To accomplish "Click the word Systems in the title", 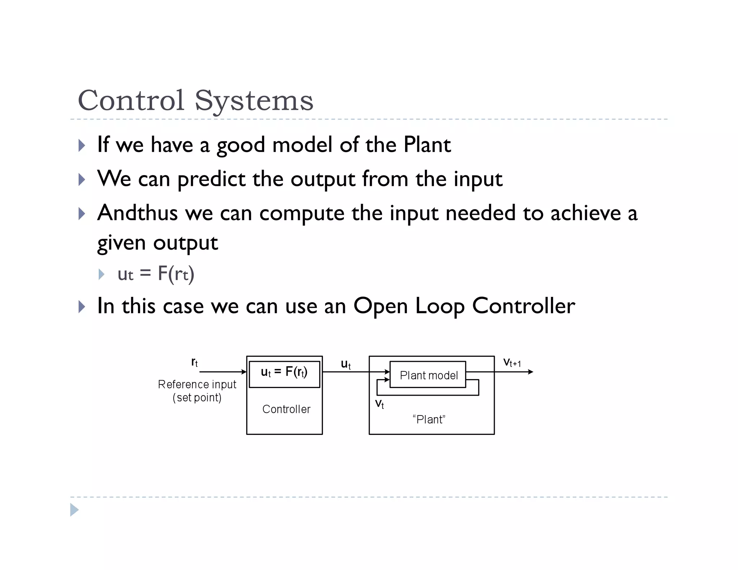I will [x=254, y=101].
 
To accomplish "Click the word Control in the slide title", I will [x=131, y=101].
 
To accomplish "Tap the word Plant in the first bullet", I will [x=427, y=145].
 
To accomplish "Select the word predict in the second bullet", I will [x=212, y=179].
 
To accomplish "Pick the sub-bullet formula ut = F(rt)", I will [x=156, y=274].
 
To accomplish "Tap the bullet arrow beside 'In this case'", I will [x=82, y=307].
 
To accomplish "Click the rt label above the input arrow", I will [x=195, y=362].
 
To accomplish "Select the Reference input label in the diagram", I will [x=197, y=384].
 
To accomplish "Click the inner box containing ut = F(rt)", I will [x=284, y=374].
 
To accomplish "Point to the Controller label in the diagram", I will [x=286, y=409].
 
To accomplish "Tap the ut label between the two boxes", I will [x=346, y=364].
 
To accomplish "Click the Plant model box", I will [x=428, y=375].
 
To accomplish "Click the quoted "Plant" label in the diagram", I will [x=429, y=419].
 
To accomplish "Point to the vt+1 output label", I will [x=512, y=362].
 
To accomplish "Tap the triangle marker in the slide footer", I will [x=74, y=510].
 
